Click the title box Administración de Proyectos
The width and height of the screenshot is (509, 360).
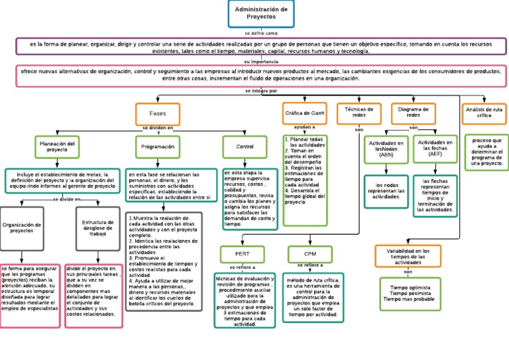tap(261, 14)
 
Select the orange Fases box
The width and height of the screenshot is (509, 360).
tap(158, 113)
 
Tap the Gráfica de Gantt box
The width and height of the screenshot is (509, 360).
tap(304, 113)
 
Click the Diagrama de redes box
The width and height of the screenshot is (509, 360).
tap(413, 113)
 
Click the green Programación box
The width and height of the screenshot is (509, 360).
tap(158, 146)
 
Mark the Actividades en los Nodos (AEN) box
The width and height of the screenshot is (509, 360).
tap(386, 150)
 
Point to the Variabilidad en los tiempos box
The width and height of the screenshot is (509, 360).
tap(408, 257)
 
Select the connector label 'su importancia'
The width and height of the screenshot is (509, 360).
tap(260, 61)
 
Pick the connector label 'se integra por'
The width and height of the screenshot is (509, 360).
tap(260, 91)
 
